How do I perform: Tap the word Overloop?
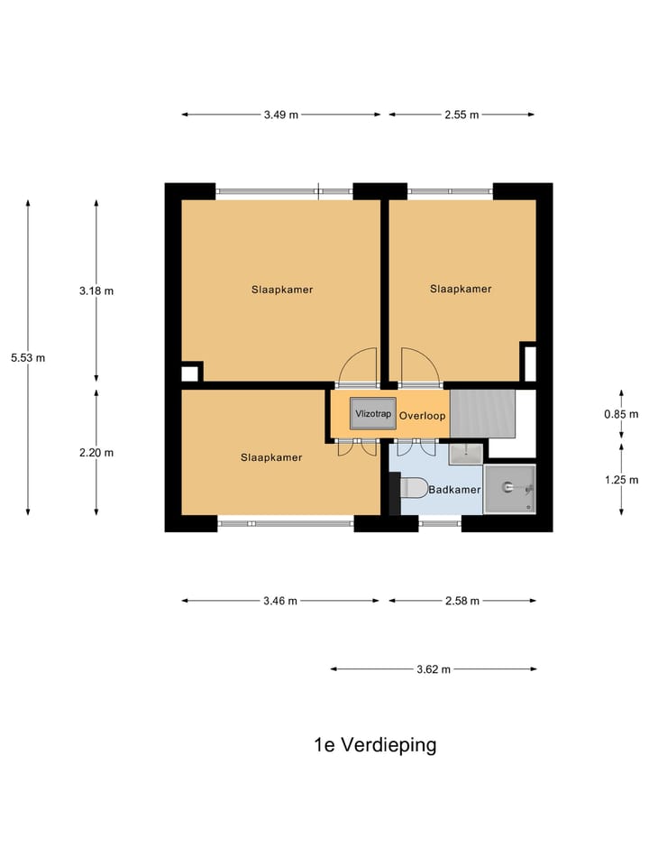coord(423,417)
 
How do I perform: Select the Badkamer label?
coord(454,490)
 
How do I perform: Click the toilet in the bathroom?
coord(412,488)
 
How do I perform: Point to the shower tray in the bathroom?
coord(509,489)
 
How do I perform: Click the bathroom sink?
coord(465,450)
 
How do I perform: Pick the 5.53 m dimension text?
coord(28,357)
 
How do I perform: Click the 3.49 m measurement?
coord(280,115)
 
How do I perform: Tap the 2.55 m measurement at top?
coord(462,115)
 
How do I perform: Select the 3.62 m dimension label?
coord(433,669)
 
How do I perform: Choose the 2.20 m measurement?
coord(96,453)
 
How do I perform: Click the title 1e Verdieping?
coord(375,745)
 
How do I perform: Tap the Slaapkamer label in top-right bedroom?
coord(461,289)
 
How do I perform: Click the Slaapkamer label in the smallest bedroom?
coord(271,457)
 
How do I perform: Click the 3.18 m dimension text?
coord(96,290)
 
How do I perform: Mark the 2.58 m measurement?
coord(462,601)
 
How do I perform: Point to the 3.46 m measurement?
coord(280,601)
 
